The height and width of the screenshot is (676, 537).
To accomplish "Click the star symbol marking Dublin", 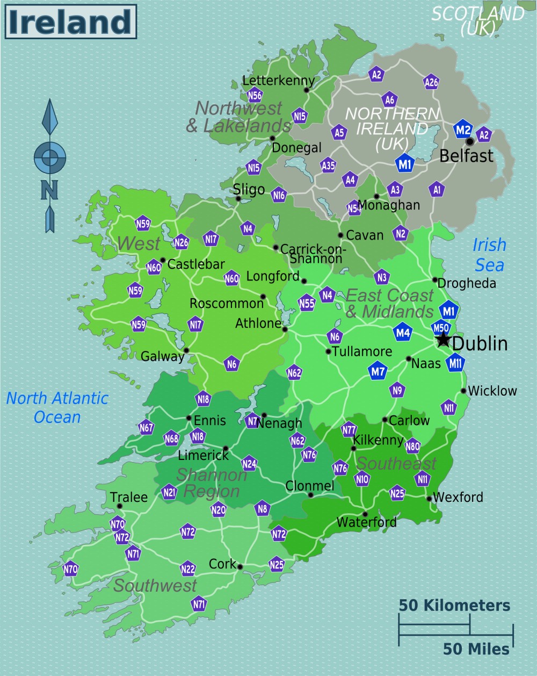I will [443, 340].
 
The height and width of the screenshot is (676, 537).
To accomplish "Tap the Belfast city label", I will [466, 156].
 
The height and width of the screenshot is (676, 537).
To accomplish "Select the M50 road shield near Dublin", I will [440, 328].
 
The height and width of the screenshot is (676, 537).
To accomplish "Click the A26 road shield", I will [431, 82].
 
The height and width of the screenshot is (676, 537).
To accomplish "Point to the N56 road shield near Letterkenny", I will [255, 96].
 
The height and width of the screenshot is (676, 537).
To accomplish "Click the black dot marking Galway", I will [186, 350].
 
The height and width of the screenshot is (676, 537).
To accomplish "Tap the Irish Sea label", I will [489, 255].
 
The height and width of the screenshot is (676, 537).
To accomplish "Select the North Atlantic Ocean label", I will [57, 407].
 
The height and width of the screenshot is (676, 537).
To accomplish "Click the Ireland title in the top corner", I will [70, 22].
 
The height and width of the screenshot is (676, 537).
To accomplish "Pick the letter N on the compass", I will [49, 190].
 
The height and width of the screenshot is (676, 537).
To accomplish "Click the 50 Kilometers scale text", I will [454, 606].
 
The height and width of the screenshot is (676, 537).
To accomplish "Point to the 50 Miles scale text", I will [476, 649].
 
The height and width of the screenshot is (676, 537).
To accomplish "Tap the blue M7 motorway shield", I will [378, 371].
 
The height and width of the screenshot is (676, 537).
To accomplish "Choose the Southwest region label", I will [155, 585].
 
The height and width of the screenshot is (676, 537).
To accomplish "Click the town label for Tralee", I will [129, 497].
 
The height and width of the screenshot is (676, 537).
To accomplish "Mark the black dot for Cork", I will [240, 566].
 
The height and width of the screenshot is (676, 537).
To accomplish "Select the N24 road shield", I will [249, 463].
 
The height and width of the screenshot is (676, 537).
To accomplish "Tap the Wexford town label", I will [458, 497].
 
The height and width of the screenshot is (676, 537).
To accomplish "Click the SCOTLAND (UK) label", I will [477, 20].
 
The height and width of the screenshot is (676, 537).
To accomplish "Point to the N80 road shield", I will [412, 446].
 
